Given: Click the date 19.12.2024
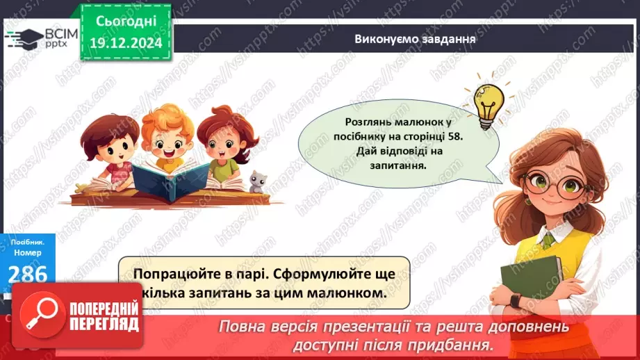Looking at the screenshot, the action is point(126,43).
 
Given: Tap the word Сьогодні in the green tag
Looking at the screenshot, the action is point(126,21).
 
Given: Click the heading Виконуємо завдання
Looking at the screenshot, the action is point(415,39).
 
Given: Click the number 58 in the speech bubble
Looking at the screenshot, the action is point(454,136).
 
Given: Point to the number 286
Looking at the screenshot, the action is point(27,274).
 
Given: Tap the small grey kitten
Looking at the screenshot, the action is point(258,182).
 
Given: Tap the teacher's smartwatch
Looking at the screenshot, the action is point(516,301).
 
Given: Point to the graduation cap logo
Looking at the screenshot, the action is point(25,39).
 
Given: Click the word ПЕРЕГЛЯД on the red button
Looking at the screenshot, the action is point(104,325).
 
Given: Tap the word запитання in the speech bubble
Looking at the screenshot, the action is point(398,165).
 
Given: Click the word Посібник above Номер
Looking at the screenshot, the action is point(28,242).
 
